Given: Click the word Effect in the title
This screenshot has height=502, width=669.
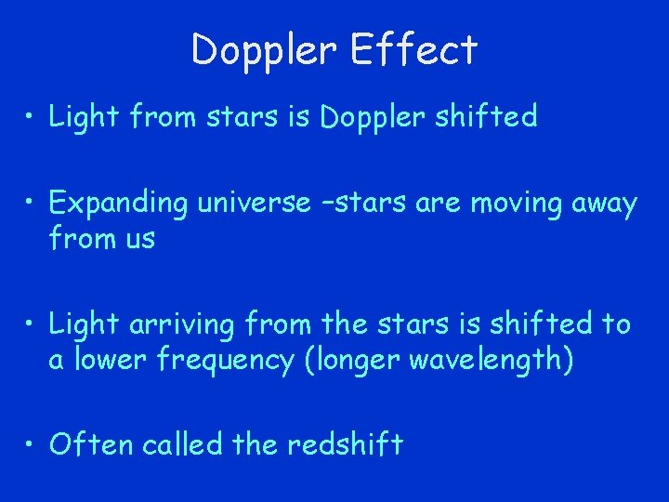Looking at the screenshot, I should tap(414, 49).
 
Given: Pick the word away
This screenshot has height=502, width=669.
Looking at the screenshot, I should tap(602, 204).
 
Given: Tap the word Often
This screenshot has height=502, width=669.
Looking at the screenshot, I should tap(91, 444).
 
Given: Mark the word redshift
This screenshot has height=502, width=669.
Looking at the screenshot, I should tap(345, 444).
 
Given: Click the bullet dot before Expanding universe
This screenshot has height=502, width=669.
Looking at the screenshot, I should tap(32, 204).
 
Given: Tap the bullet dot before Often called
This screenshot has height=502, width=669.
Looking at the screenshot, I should tap(32, 445).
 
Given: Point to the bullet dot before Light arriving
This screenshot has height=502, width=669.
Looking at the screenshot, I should tap(32, 324).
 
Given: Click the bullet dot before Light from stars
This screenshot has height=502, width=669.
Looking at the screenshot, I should tap(32, 118).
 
